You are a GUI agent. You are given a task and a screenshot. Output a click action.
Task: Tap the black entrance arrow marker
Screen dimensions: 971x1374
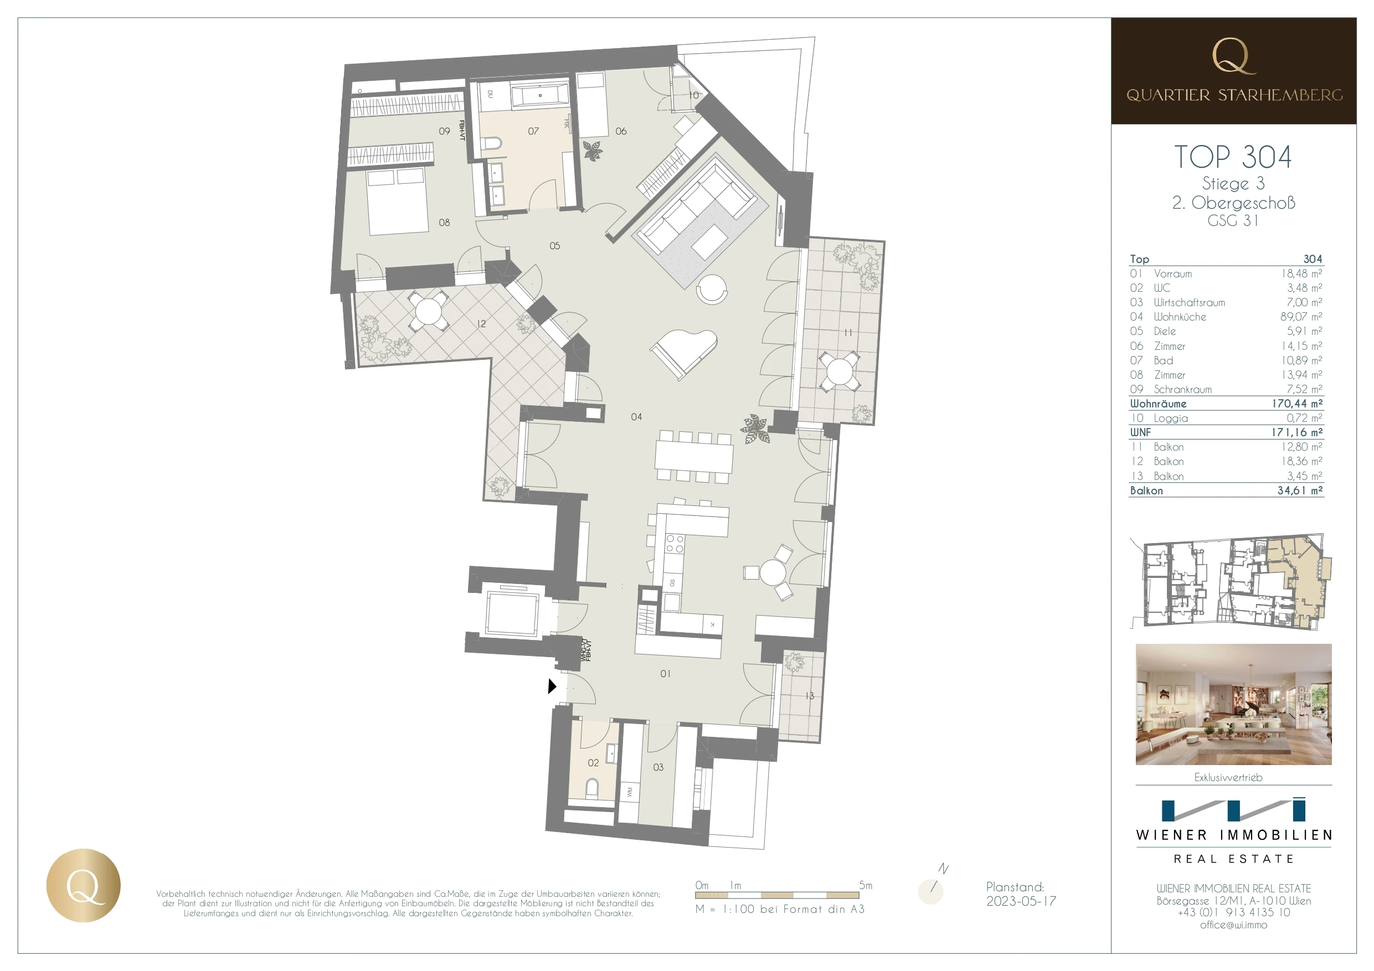tap(552, 686)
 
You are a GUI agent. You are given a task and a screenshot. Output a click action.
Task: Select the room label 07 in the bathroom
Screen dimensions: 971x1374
tap(533, 131)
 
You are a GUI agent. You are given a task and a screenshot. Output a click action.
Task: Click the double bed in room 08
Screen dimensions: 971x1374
tap(398, 202)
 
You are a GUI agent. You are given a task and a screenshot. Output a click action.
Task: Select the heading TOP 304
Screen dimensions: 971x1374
tap(1233, 157)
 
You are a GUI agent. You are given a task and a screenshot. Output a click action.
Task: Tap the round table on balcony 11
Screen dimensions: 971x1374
tap(840, 371)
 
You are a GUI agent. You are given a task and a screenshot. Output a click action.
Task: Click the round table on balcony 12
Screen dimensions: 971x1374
tap(429, 311)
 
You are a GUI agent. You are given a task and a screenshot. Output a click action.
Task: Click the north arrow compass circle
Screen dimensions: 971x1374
tap(930, 891)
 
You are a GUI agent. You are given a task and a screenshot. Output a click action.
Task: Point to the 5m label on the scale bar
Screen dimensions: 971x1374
tap(866, 885)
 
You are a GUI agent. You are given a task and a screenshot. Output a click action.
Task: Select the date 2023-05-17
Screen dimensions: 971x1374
tap(1021, 901)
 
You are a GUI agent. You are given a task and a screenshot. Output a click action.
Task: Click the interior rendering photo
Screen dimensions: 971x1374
tap(1233, 704)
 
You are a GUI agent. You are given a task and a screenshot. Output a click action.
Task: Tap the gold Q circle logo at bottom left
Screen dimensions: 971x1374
tap(83, 885)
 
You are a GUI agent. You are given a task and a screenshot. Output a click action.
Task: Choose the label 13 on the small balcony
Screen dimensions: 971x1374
tap(809, 696)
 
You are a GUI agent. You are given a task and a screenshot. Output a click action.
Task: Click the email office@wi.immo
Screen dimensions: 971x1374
tap(1233, 925)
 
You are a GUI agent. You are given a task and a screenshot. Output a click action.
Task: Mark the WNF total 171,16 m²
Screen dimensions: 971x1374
tap(1297, 432)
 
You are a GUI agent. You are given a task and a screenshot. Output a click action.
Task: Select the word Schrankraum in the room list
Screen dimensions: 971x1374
tap(1182, 390)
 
